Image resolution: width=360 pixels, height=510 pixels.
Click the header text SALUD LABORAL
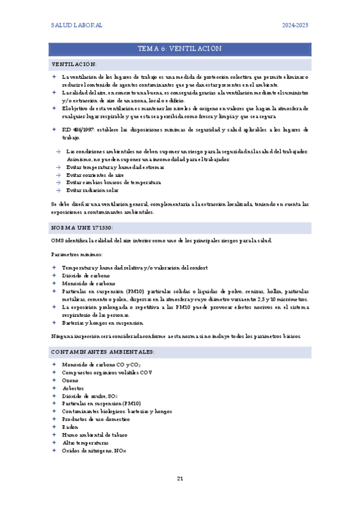(x=76, y=25)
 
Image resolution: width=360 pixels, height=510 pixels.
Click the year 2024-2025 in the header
(x=296, y=25)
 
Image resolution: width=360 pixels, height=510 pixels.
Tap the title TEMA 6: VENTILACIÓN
(x=180, y=49)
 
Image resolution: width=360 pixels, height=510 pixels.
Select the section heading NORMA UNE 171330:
(x=82, y=227)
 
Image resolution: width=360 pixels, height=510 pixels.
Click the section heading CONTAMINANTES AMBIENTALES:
(x=94, y=351)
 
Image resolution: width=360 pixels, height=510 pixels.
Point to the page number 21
(x=180, y=478)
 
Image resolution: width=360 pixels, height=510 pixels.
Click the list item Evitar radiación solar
(x=92, y=190)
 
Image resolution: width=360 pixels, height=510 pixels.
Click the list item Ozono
(x=70, y=381)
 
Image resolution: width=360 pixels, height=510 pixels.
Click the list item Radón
(x=70, y=427)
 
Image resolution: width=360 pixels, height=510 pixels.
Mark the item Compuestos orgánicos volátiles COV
(x=107, y=373)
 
